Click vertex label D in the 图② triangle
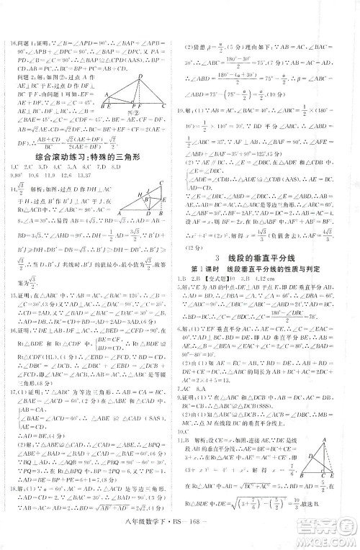[x=141, y=76]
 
